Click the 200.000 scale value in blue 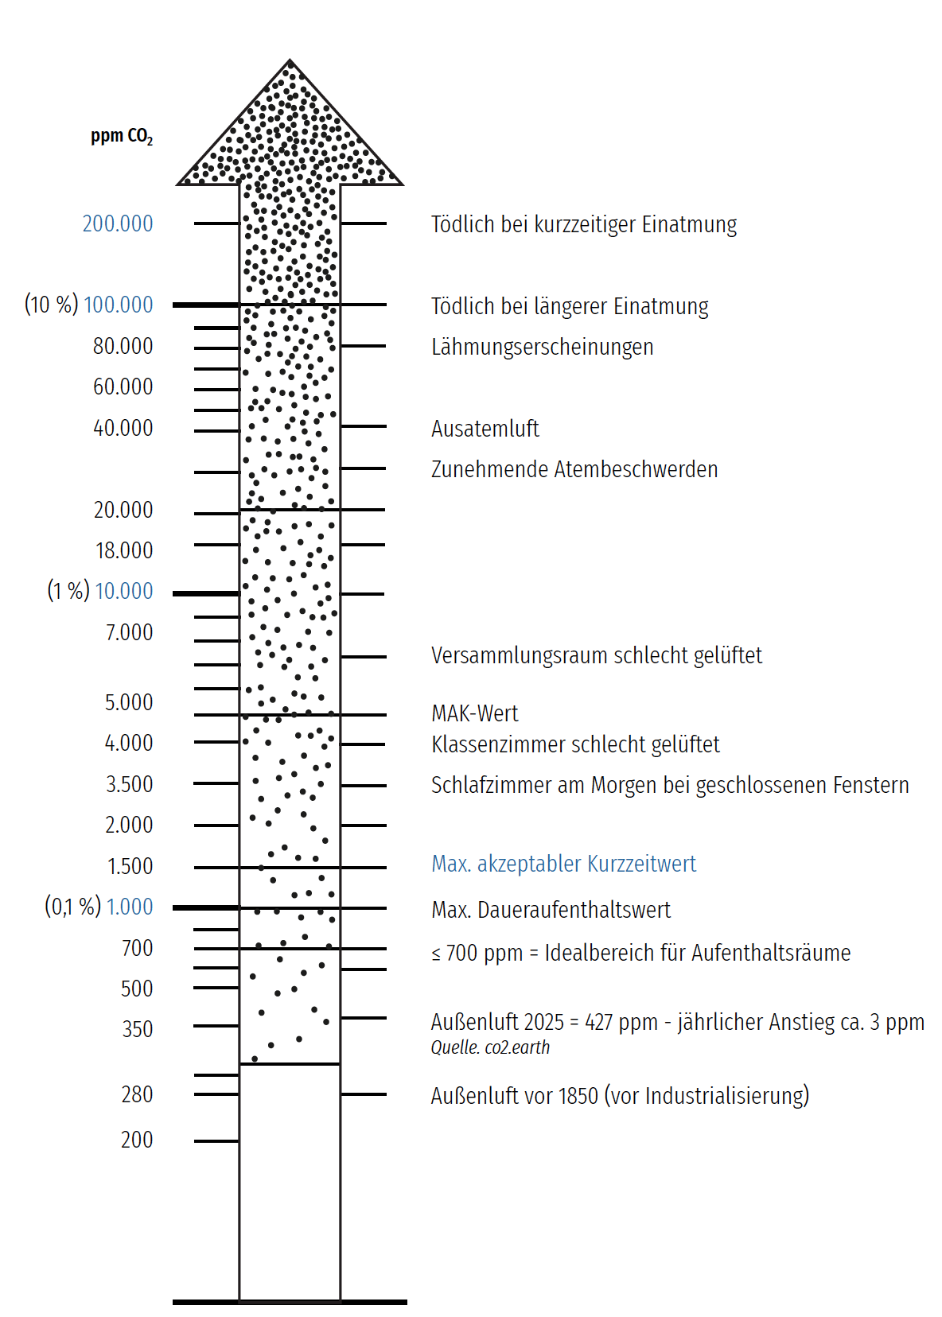pos(118,223)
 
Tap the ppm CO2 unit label pos(121,136)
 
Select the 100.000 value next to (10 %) pos(118,305)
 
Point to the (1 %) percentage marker pos(68,591)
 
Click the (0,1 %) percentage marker pos(72,907)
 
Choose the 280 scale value pos(137,1094)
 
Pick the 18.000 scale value pos(124,550)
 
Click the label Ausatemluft pos(485,429)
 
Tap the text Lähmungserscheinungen pos(542,347)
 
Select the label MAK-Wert pos(474,713)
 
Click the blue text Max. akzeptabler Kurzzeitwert pos(563,864)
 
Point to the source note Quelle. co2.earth pos(490,1047)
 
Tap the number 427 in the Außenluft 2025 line pos(598,1022)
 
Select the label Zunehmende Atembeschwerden pos(574,469)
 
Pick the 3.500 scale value pos(129,784)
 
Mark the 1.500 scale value pos(130,866)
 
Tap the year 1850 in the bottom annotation pos(578,1096)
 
